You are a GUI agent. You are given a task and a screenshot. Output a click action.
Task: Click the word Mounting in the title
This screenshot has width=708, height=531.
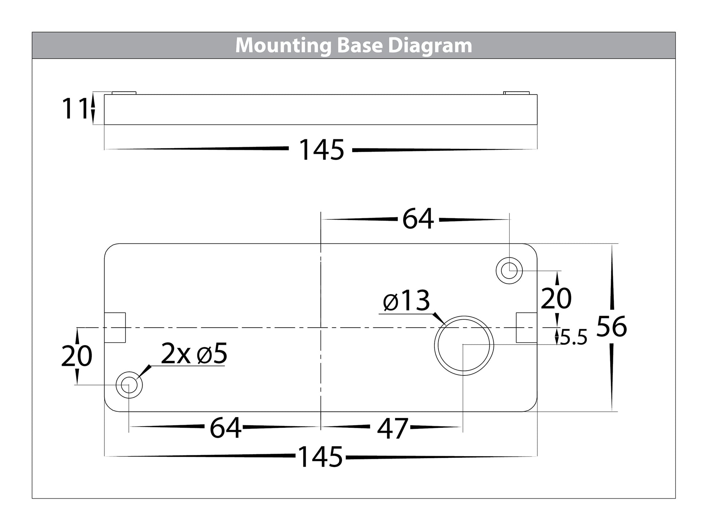(x=282, y=46)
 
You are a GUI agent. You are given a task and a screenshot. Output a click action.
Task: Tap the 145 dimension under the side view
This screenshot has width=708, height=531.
(x=321, y=150)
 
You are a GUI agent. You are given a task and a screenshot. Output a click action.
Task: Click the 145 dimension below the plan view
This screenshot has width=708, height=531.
(x=320, y=457)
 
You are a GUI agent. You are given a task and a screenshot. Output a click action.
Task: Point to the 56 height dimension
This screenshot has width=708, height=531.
(x=612, y=327)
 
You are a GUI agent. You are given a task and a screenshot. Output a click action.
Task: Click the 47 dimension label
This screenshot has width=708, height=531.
(x=392, y=428)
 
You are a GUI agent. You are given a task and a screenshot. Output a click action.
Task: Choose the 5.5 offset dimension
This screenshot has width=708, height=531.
(x=573, y=338)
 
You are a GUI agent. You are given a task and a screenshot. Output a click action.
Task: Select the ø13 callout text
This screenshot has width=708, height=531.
(x=406, y=301)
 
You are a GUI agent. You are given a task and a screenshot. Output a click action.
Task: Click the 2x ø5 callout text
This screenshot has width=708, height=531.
(x=194, y=354)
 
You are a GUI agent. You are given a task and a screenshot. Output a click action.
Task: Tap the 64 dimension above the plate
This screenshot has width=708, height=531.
(x=418, y=219)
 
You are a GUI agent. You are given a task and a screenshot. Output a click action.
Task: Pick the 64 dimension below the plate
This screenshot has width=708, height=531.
(x=225, y=428)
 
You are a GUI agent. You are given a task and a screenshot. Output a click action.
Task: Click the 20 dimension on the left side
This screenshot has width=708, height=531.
(x=76, y=356)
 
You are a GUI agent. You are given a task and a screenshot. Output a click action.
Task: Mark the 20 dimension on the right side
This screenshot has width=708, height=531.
(x=556, y=298)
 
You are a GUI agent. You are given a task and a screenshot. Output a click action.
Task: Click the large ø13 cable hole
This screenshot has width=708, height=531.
(x=464, y=346)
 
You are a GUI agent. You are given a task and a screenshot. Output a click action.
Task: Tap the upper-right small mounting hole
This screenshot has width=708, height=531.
(x=509, y=271)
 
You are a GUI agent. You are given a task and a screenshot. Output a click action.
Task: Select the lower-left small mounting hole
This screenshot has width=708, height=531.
(x=129, y=385)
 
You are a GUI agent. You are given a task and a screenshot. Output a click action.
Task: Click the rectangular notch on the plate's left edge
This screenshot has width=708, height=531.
(x=115, y=327)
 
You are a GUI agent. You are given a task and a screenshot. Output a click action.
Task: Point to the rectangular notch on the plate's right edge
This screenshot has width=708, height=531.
(x=526, y=327)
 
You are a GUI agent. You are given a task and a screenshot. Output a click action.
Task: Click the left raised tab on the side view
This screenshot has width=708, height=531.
(x=124, y=93)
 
